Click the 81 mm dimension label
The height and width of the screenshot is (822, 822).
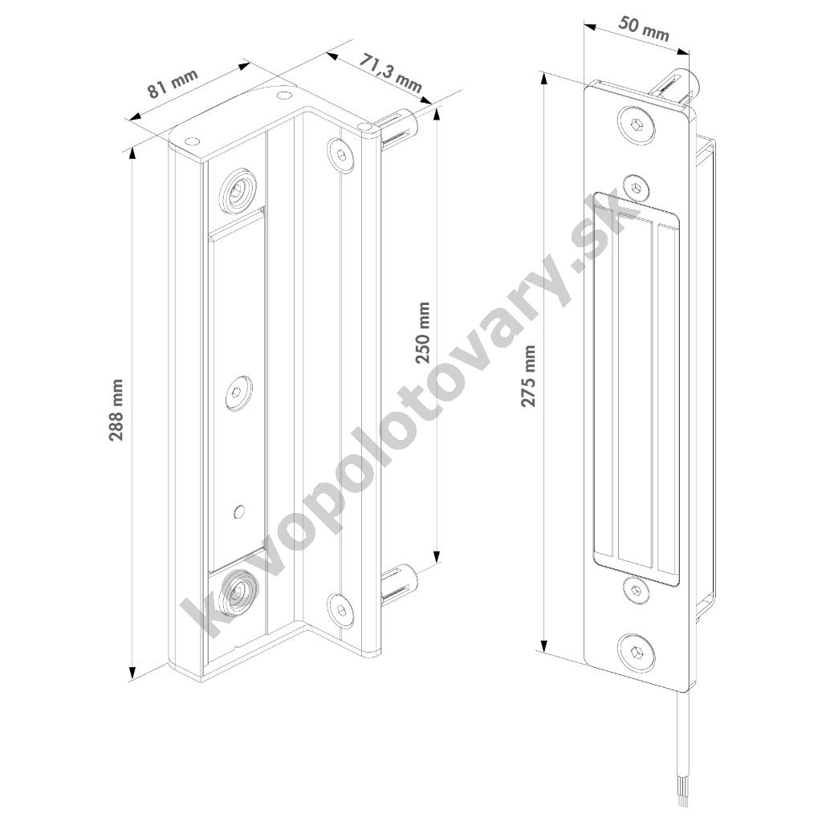(173, 83)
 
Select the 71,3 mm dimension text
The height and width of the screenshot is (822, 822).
(391, 73)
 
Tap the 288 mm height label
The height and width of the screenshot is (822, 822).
(116, 410)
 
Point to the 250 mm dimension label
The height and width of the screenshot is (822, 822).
(422, 333)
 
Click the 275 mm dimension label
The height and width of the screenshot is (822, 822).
(528, 376)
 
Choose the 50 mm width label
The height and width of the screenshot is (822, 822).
(644, 28)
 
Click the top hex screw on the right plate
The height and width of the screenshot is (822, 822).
(636, 125)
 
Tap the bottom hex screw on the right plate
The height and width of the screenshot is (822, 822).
(637, 652)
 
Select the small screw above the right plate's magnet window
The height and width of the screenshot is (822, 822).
(636, 187)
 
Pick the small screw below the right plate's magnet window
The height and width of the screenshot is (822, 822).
(637, 590)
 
